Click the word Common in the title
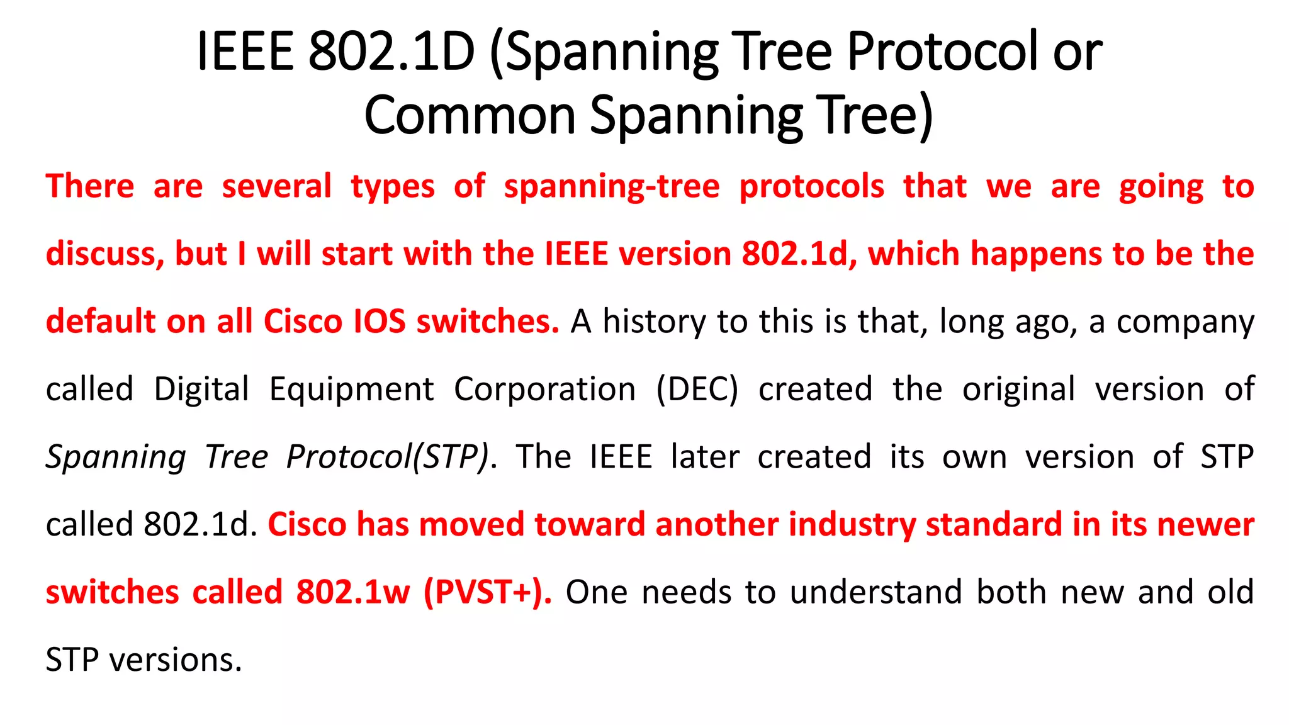[470, 116]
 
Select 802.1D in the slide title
[391, 52]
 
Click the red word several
[276, 187]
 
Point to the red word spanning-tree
[611, 187]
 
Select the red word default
[101, 322]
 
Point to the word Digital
[201, 390]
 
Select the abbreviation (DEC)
[697, 390]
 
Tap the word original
[1018, 390]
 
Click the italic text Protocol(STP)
[387, 458]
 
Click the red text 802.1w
[353, 592]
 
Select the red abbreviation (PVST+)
[488, 592]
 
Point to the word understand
[876, 592]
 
